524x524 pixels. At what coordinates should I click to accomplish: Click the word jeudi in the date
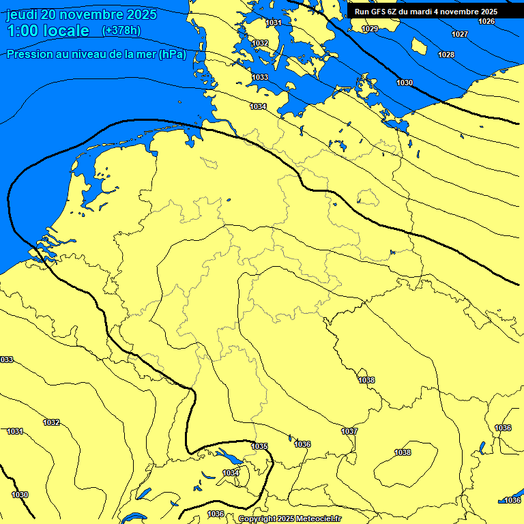[23, 14]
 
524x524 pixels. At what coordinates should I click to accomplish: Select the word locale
[67, 31]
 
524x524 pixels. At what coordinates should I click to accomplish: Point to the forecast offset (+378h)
[121, 31]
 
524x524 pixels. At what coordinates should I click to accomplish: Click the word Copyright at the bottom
[257, 519]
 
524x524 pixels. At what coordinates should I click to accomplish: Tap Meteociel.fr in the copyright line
[319, 519]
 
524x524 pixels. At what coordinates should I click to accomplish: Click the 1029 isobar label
[370, 29]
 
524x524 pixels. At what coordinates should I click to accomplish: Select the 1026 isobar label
[486, 21]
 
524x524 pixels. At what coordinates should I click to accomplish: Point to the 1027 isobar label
[460, 34]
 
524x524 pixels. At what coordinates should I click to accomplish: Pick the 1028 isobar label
[446, 55]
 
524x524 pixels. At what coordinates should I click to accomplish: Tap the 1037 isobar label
[349, 431]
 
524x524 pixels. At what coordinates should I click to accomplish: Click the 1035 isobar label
[259, 446]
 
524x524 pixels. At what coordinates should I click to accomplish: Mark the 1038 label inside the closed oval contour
[403, 452]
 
